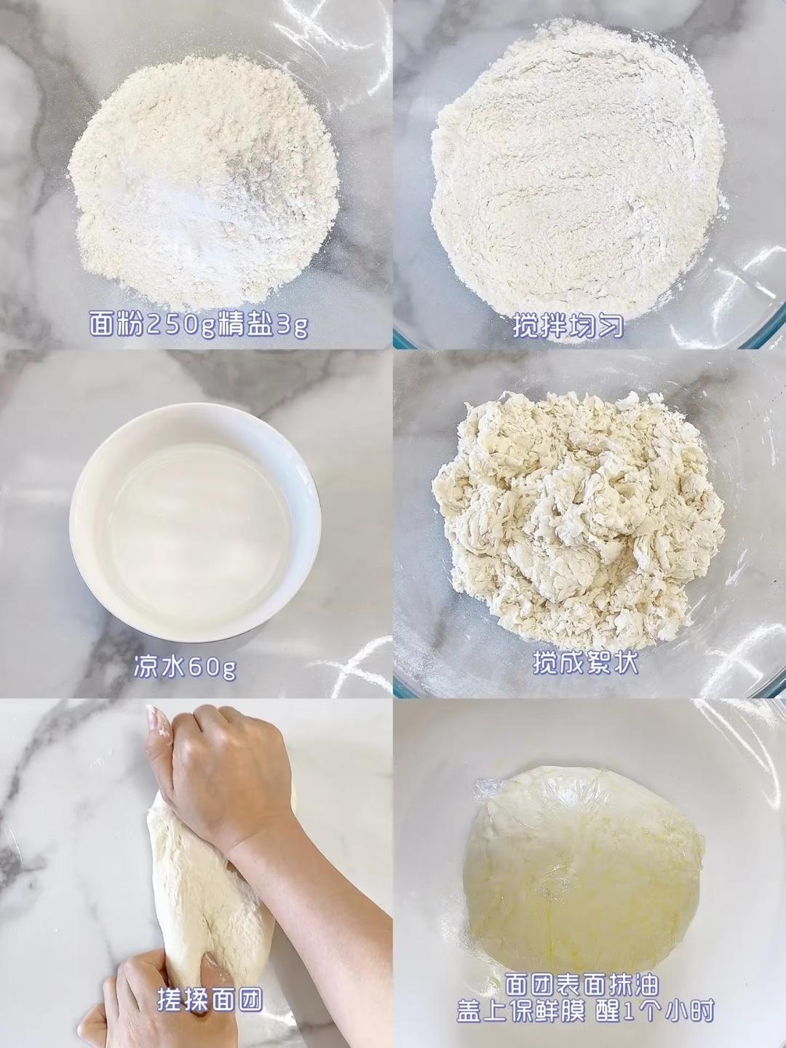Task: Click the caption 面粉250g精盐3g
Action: (199, 325)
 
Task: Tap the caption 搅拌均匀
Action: (568, 326)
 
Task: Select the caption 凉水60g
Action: (185, 669)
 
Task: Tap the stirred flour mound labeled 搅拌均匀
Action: (577, 172)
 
